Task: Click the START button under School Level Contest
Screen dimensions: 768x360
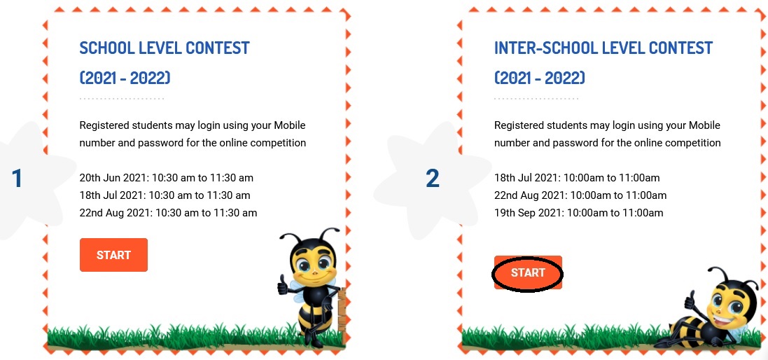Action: (x=113, y=255)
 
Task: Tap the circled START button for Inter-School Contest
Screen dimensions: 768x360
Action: (x=528, y=273)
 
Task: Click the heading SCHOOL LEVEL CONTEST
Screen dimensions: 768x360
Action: (x=165, y=48)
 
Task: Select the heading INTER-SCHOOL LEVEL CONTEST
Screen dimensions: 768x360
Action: (x=603, y=48)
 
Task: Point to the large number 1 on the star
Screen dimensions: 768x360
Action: (x=17, y=179)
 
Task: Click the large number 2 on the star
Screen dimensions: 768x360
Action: (x=433, y=179)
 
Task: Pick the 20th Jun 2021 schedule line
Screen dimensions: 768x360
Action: (x=167, y=178)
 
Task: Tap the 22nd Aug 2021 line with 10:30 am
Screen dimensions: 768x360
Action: (x=168, y=213)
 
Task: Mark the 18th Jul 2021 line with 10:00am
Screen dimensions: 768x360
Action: (x=577, y=178)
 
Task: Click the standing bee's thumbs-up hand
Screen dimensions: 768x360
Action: (x=283, y=284)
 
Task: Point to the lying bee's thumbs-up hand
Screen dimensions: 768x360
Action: (x=690, y=299)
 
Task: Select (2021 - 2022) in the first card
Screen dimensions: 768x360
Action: (x=125, y=78)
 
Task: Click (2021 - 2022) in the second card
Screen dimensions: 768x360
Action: (x=540, y=78)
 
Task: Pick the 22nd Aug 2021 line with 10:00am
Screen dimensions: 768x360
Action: (x=580, y=195)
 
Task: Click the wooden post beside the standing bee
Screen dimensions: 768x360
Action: (x=341, y=314)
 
